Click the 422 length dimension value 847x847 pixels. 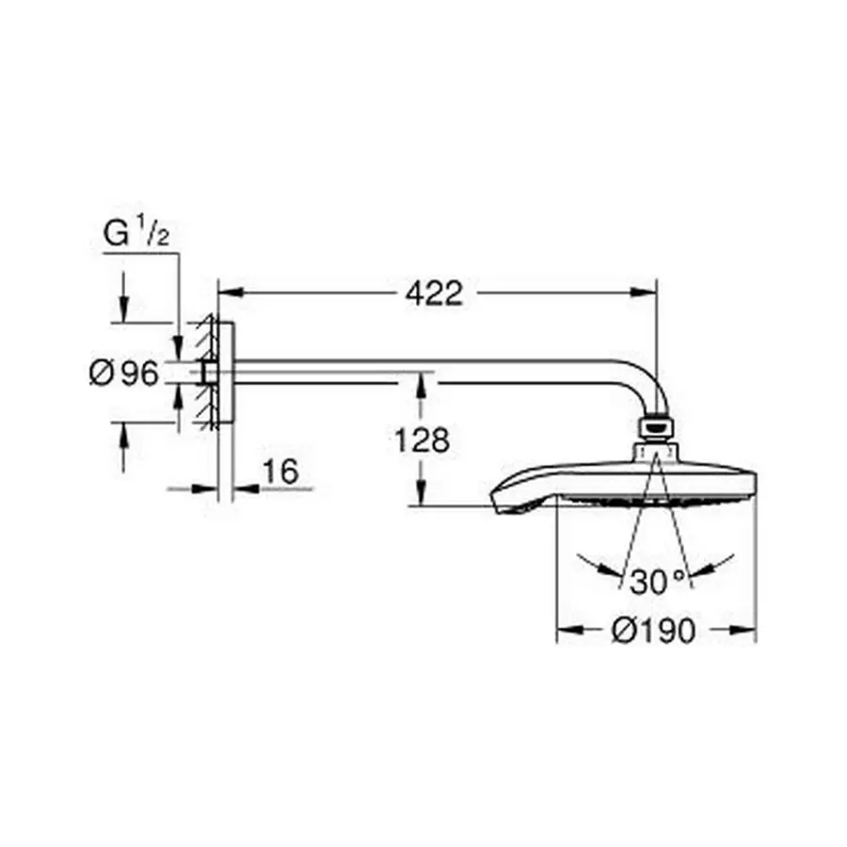click(x=434, y=294)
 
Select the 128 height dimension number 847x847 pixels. click(x=423, y=440)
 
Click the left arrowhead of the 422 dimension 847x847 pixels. click(x=229, y=293)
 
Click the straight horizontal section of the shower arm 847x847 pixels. click(x=423, y=368)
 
